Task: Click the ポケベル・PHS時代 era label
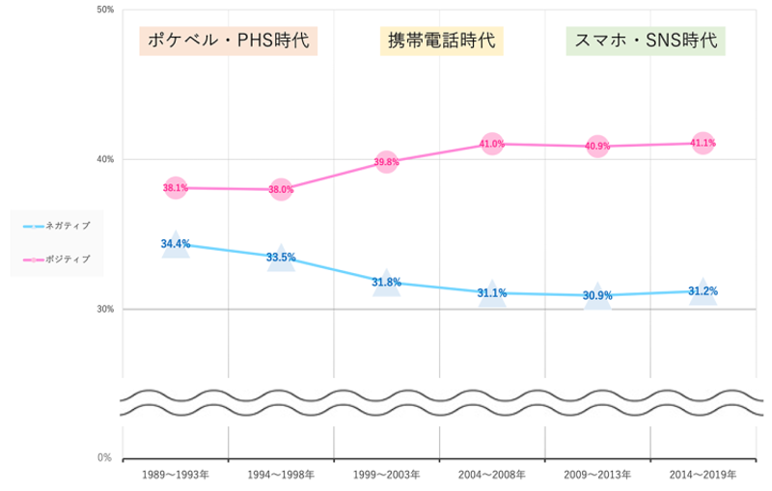click(x=229, y=41)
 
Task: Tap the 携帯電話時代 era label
click(x=441, y=41)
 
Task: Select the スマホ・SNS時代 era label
click(x=646, y=41)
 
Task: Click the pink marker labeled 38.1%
click(x=175, y=188)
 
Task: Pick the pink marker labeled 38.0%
click(x=281, y=190)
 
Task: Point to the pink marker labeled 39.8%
click(x=386, y=162)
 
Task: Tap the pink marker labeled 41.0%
click(x=492, y=144)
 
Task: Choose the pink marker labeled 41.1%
click(x=703, y=143)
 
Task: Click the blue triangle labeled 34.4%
click(x=175, y=246)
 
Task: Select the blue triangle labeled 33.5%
click(x=281, y=259)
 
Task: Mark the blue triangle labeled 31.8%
click(x=386, y=284)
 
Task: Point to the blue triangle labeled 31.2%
click(x=703, y=292)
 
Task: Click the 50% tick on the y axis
click(x=106, y=10)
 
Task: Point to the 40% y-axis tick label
click(x=106, y=159)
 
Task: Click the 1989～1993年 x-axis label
click(x=175, y=476)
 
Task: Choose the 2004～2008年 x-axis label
click(x=492, y=476)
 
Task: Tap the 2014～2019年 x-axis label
click(x=703, y=476)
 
